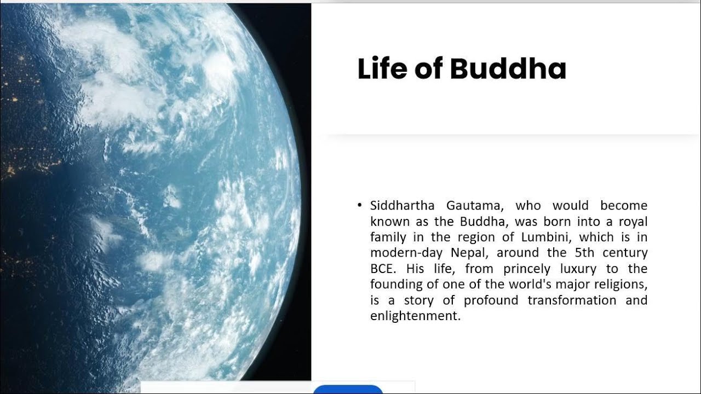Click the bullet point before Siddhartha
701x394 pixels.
point(359,205)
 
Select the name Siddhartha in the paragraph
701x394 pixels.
point(402,206)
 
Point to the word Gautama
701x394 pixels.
point(473,206)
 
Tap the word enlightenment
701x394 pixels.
point(415,316)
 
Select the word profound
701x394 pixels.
point(491,300)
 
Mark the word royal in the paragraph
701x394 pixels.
point(633,222)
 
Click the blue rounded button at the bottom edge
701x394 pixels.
point(348,389)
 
